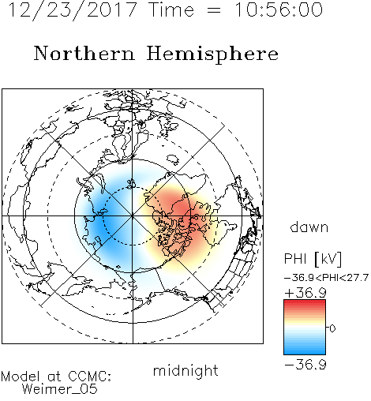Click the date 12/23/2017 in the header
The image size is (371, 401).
tap(73, 10)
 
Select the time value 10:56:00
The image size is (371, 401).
tap(279, 9)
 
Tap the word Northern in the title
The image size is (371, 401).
tap(84, 53)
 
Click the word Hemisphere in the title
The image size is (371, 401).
tap(212, 54)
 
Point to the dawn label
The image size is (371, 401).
tap(309, 227)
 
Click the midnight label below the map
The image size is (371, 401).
tap(185, 371)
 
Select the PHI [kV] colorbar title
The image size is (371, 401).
tap(313, 259)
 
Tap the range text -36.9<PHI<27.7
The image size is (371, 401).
tap(326, 278)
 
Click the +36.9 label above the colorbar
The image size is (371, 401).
tap(305, 293)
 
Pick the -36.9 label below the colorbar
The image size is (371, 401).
tap(305, 365)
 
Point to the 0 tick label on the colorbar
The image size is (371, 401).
tap(332, 328)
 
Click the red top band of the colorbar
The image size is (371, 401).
tap(305, 303)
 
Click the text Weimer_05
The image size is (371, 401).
tap(59, 389)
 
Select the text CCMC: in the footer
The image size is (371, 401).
tap(90, 377)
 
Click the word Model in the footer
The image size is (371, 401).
tap(21, 377)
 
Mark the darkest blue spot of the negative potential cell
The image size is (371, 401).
tap(103, 223)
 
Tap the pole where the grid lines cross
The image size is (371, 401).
tap(133, 216)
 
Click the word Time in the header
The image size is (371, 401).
tap(171, 9)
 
